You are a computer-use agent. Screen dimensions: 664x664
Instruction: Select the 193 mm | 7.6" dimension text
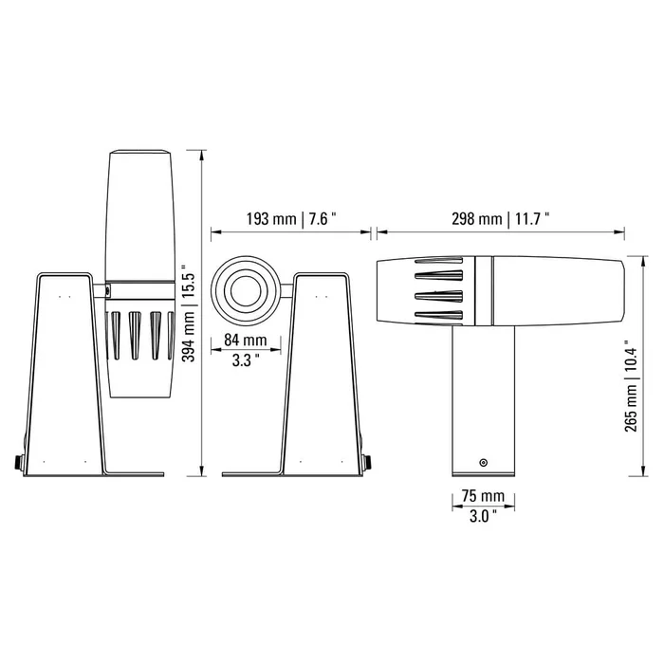[291, 219]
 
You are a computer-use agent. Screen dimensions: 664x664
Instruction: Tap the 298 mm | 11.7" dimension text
[500, 219]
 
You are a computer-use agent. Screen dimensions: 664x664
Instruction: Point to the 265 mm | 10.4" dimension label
[631, 386]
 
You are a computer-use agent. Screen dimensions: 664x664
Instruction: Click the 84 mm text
[246, 340]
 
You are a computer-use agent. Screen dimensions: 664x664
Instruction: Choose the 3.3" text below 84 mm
[246, 360]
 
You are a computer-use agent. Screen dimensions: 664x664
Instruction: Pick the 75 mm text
[483, 495]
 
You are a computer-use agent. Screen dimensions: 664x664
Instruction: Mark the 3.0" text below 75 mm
[483, 516]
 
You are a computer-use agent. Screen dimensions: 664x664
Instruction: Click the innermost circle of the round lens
[245, 290]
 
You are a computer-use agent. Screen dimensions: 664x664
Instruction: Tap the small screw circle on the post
[483, 463]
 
